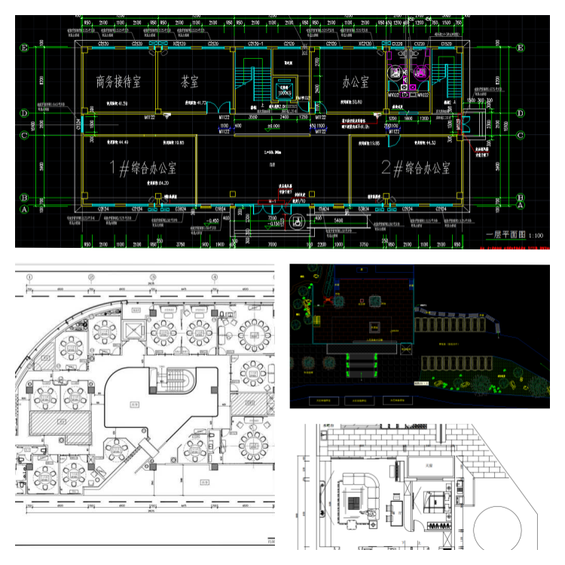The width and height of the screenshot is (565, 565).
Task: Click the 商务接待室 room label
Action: point(124,81)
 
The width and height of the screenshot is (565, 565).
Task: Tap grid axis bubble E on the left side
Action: point(25,48)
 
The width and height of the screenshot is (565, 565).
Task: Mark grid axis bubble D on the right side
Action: point(521,114)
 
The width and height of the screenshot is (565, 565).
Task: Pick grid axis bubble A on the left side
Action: point(25,210)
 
